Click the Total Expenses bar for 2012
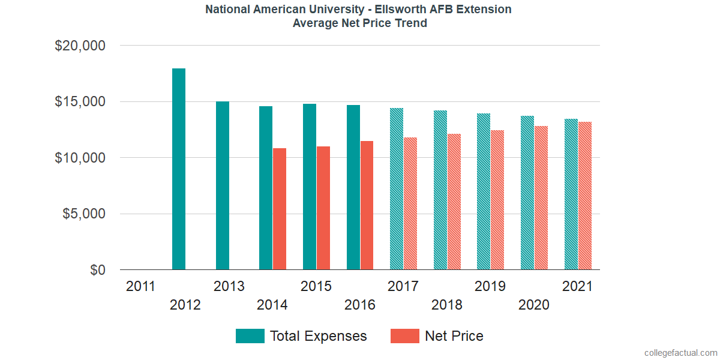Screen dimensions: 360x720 point(179,169)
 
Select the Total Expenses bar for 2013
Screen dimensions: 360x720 point(223,185)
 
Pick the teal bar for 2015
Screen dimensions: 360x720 point(310,187)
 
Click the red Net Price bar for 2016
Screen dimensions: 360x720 point(367,205)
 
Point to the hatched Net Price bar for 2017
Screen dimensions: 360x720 point(410,203)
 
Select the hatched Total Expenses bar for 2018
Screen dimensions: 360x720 point(440,190)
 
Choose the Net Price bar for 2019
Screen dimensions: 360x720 point(497,200)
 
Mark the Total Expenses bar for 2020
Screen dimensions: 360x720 point(527,193)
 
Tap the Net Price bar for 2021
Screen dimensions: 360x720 point(584,196)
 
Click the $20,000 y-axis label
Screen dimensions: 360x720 point(80,46)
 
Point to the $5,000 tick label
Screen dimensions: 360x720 point(84,214)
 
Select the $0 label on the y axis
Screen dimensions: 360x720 point(98,271)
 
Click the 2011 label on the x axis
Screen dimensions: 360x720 point(141,286)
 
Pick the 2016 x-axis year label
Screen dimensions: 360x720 point(360,305)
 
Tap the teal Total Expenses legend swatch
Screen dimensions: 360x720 point(250,336)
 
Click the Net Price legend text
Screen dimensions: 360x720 point(454,336)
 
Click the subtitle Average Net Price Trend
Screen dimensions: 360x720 point(360,23)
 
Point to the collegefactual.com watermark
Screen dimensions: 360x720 point(680,352)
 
